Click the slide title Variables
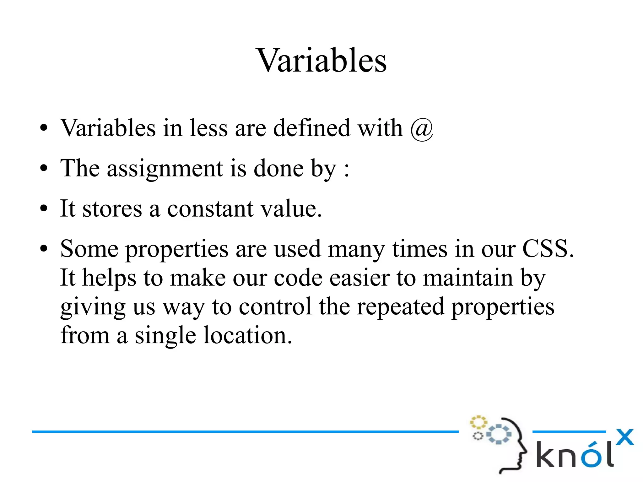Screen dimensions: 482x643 click(x=322, y=60)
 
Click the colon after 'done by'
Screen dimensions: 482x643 click(x=347, y=170)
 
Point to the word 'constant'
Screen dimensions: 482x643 click(x=210, y=209)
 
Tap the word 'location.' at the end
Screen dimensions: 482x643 click(x=248, y=336)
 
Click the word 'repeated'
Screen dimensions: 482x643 click(x=400, y=307)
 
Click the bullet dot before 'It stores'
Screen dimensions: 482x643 click(x=44, y=209)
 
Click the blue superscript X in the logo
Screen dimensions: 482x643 click(x=624, y=437)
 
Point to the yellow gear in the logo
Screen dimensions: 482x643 click(x=478, y=422)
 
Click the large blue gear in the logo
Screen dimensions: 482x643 click(x=499, y=434)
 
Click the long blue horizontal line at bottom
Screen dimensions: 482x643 click(x=245, y=432)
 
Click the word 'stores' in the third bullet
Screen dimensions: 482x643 click(x=112, y=209)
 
